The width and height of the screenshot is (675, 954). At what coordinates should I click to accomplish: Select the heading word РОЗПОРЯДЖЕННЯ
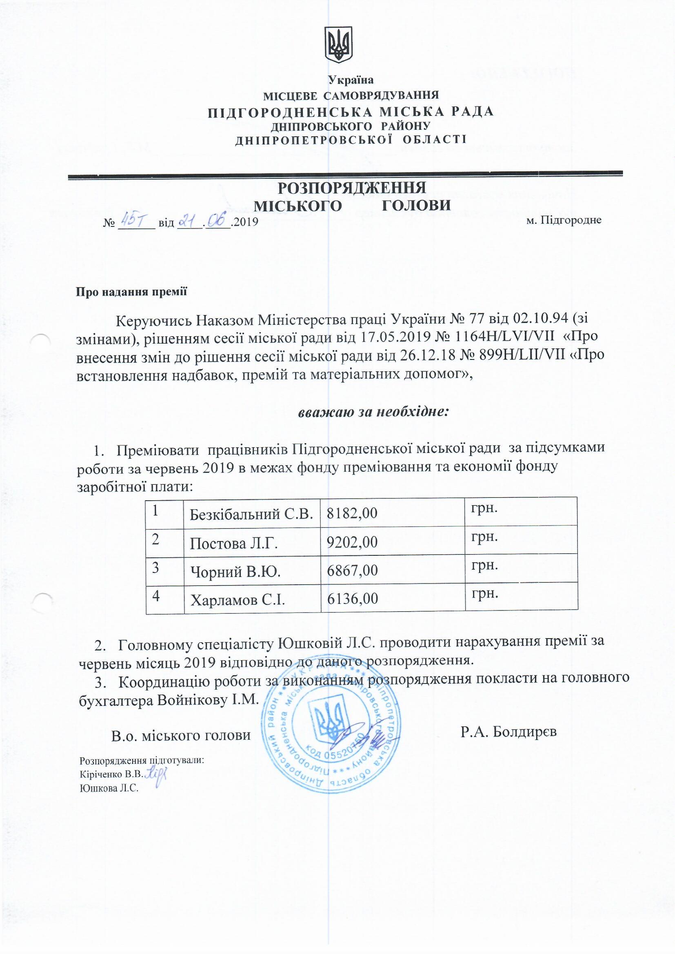tap(352, 188)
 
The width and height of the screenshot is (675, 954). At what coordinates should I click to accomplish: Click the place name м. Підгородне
tap(564, 221)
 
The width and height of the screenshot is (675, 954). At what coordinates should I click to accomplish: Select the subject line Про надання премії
tap(131, 292)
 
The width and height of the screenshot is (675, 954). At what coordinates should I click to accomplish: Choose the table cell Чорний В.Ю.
tap(235, 572)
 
